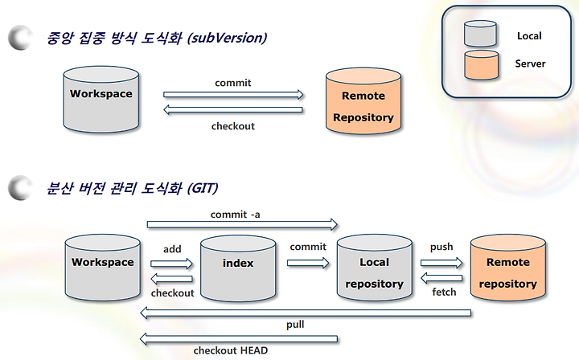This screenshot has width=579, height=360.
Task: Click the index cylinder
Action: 238,268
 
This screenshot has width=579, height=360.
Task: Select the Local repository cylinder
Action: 375,267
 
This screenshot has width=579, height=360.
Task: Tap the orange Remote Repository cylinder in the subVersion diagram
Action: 363,101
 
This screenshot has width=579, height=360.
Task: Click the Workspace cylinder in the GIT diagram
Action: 103,268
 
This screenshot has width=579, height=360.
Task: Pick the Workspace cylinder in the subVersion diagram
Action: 101,99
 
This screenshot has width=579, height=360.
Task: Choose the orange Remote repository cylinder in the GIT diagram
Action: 508,267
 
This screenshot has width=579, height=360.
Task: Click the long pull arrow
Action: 306,313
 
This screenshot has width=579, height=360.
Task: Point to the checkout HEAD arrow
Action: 239,339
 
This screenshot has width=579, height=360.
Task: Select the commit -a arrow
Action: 242,224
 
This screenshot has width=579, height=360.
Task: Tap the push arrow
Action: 441,263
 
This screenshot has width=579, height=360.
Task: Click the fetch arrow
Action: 441,278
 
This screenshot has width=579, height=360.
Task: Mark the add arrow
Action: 172,264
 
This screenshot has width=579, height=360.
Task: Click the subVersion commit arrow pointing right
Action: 233,95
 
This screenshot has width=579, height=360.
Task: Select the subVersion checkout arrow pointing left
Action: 233,109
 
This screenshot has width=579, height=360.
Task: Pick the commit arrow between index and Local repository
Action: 308,263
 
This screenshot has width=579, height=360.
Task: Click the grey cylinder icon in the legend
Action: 480,34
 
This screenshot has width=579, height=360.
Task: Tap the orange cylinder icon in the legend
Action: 482,65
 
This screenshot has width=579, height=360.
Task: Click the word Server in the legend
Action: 530,63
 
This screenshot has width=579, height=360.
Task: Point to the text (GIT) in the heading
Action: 203,188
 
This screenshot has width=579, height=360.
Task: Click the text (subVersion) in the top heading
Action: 227,38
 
